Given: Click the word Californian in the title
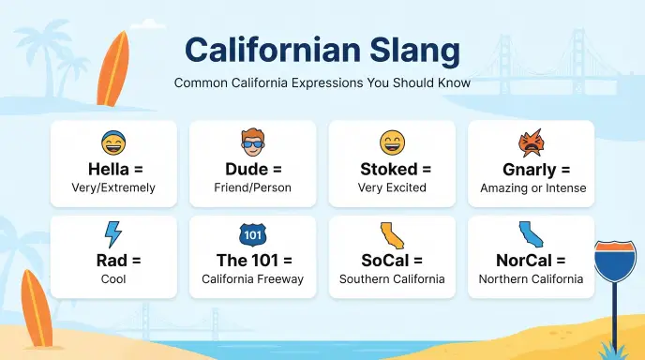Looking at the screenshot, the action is tap(273, 50).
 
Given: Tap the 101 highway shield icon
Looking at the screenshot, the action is tap(252, 235).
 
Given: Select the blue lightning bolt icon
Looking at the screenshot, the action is tap(112, 234).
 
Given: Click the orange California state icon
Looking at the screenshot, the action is tap(392, 235).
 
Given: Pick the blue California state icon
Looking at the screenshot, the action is tap(531, 234).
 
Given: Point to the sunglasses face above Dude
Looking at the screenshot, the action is tap(252, 142).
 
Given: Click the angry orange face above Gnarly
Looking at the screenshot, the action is tap(531, 142).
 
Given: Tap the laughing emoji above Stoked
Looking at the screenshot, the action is tap(392, 142).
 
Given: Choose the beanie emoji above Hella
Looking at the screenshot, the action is tap(113, 142).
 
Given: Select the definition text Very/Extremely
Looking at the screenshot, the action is tap(113, 188).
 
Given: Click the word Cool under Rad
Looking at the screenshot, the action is tap(113, 279).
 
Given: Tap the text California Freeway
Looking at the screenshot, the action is tap(252, 279).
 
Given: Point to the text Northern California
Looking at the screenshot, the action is tap(531, 279).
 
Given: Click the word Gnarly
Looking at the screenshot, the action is tap(530, 170).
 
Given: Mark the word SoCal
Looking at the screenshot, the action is tap(385, 261).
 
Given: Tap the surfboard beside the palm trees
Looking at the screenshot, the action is tap(113, 68).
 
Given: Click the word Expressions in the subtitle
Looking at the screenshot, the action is tap(327, 82).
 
